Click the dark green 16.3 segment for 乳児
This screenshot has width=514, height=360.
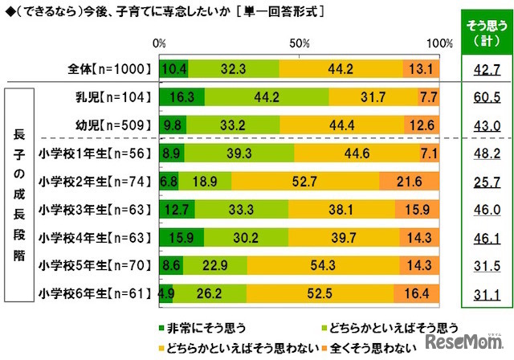[182, 97]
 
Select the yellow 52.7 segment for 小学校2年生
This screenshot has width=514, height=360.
[305, 182]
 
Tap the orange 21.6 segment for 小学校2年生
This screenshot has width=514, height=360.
[410, 182]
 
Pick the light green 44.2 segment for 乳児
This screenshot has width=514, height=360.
[267, 97]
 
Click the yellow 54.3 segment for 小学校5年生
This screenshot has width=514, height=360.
[324, 266]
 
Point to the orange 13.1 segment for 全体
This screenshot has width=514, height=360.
[422, 69]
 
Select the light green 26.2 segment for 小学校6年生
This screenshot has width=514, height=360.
[210, 294]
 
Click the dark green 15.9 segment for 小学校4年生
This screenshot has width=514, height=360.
[182, 238]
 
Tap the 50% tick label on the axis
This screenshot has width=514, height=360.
[300, 43]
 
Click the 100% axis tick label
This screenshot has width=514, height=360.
[439, 43]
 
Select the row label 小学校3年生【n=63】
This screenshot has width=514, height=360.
[96, 210]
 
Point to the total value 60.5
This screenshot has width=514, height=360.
[483, 97]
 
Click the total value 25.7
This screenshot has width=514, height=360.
[483, 182]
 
